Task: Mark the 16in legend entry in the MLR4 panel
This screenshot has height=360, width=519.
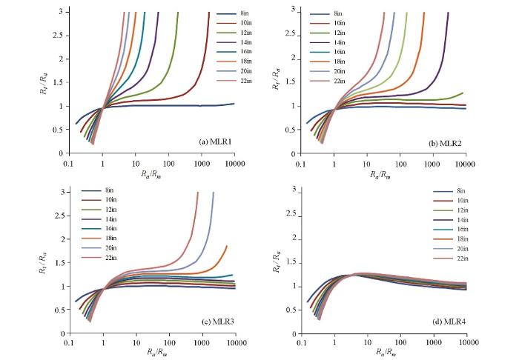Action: tap(460, 230)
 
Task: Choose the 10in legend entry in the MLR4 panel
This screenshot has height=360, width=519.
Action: tap(460, 201)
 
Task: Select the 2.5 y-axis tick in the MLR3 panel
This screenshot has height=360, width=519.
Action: tap(62, 216)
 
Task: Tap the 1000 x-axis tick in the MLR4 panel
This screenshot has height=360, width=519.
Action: tap(433, 344)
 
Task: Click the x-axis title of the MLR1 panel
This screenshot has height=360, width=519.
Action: tap(151, 176)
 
